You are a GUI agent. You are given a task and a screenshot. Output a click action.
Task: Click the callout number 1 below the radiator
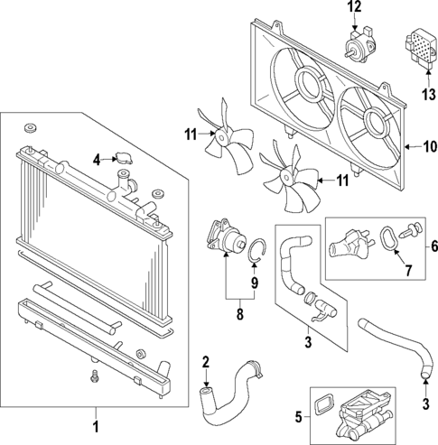pyautogui.click(x=97, y=421)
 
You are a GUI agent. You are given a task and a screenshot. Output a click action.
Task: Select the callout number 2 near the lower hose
pyautogui.click(x=205, y=363)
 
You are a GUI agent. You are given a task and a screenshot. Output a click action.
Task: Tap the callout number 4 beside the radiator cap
pyautogui.click(x=96, y=162)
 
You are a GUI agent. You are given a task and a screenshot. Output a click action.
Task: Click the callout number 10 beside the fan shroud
pyautogui.click(x=425, y=145)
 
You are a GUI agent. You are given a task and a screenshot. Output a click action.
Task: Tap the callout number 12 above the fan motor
pyautogui.click(x=354, y=8)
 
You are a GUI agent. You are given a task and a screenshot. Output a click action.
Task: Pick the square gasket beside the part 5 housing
pyautogui.click(x=324, y=400)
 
